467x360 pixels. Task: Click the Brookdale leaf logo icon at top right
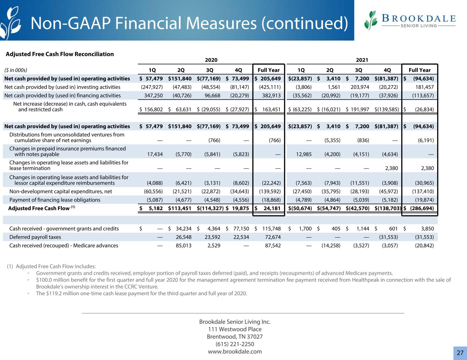(x=371, y=21)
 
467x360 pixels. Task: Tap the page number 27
(x=460, y=353)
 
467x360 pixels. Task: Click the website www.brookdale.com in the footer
(x=235, y=351)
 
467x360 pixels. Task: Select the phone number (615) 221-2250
(x=235, y=344)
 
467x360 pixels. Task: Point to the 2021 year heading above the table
(x=362, y=60)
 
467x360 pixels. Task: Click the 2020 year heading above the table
(x=211, y=60)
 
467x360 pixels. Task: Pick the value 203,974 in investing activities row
(x=360, y=87)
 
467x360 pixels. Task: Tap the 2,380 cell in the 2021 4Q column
(x=391, y=168)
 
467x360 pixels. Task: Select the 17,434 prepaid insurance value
(x=155, y=154)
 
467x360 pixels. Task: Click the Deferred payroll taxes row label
(x=35, y=237)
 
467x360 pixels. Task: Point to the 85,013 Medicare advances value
(x=183, y=245)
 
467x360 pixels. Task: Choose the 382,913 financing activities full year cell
(x=271, y=95)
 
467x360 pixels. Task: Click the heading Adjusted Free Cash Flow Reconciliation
(x=60, y=54)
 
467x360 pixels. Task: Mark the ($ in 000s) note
(x=16, y=70)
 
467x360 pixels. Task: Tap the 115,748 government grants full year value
(x=271, y=229)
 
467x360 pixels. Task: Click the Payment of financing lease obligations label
(x=55, y=200)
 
